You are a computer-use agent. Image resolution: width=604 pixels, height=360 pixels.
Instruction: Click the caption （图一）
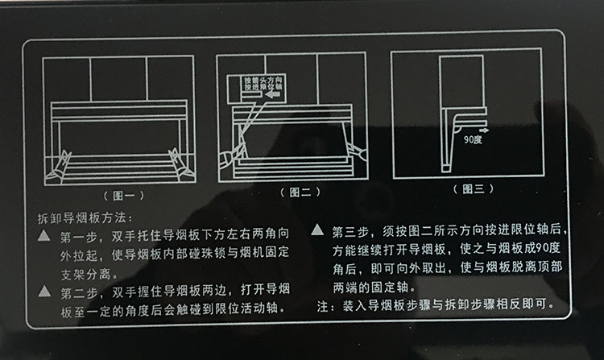[x=124, y=196]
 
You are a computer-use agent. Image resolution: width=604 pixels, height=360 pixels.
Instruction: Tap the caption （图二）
[x=300, y=192]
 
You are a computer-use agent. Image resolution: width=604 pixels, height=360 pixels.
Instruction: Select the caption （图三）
[x=473, y=188]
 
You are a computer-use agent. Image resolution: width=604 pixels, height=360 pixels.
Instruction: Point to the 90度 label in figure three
[x=473, y=139]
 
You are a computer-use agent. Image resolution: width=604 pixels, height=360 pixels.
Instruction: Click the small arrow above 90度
[x=484, y=130]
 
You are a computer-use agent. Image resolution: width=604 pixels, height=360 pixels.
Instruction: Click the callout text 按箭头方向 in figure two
[x=263, y=80]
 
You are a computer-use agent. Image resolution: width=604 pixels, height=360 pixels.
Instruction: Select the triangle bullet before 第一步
[x=44, y=235]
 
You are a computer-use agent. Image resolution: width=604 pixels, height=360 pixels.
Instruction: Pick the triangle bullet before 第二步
[x=44, y=291]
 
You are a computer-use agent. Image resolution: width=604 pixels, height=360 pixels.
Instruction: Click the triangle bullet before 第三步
[x=317, y=230]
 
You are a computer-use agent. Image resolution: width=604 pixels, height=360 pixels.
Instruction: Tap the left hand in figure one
[x=59, y=167]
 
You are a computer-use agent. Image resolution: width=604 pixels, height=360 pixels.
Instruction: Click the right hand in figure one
[x=180, y=165]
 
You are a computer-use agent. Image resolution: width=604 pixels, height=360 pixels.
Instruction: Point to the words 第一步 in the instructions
[x=79, y=236]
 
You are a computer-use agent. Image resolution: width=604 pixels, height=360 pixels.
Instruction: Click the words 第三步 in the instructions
[x=351, y=231]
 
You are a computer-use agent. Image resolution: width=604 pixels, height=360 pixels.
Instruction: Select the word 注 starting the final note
[x=323, y=306]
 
